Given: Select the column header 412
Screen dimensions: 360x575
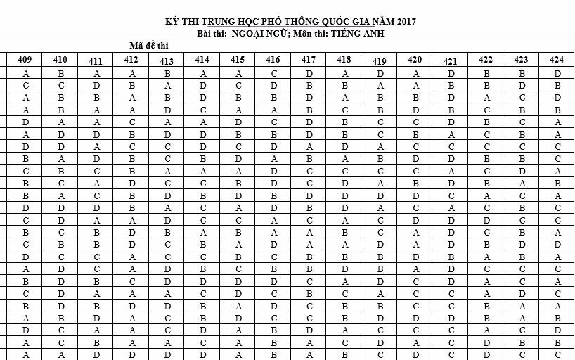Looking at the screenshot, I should pyautogui.click(x=131, y=60).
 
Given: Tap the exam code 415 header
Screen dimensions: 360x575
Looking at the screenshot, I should pyautogui.click(x=238, y=60).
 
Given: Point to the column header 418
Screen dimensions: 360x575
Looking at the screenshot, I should pyautogui.click(x=344, y=60).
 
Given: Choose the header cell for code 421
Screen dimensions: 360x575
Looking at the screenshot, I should pyautogui.click(x=451, y=61).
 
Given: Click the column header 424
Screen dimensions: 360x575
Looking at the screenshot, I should pyautogui.click(x=557, y=60).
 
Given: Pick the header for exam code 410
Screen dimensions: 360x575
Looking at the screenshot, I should pyautogui.click(x=60, y=60).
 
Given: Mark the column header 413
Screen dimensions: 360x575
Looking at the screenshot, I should pyautogui.click(x=167, y=61).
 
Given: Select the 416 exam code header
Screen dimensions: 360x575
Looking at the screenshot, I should pyautogui.click(x=273, y=60).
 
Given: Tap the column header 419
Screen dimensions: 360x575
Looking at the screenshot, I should pyautogui.click(x=380, y=61).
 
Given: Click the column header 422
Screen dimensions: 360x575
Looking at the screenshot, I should pyautogui.click(x=486, y=60).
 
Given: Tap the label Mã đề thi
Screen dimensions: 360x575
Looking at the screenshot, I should pyautogui.click(x=149, y=46).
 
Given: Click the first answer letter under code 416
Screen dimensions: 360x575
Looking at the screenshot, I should pyautogui.click(x=273, y=73).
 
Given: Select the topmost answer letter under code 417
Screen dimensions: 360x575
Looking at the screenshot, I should pyautogui.click(x=309, y=73).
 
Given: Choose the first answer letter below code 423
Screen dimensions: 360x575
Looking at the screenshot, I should pyautogui.click(x=522, y=73).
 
